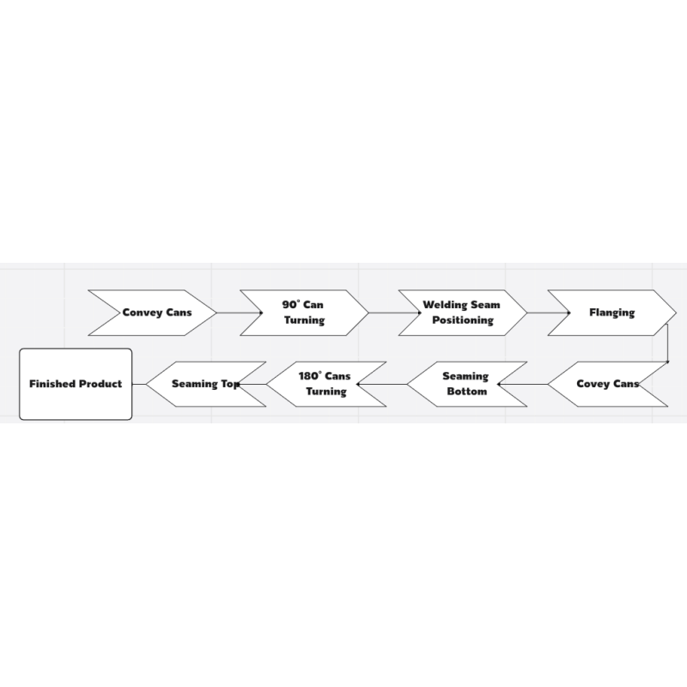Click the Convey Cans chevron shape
coord(153,313)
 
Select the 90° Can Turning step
coord(304,313)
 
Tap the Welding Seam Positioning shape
coord(463,313)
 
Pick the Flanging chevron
coord(612,313)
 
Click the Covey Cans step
coord(608,384)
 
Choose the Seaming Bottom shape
coord(467,384)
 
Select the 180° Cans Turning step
coord(326,384)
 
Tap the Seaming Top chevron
coord(206,384)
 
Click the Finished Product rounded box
coord(76,384)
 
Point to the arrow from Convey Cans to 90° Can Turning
coord(240,313)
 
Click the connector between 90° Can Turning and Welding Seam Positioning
coord(395,313)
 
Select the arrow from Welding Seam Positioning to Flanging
coord(549,313)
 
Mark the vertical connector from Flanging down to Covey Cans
coord(667,343)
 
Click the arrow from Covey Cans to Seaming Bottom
coord(523,384)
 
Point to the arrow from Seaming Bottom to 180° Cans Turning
coord(382,384)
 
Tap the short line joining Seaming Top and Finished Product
coord(139,384)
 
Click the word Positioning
coord(463,320)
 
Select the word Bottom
coord(467,392)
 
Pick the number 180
coord(308,376)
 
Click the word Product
coord(100,384)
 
